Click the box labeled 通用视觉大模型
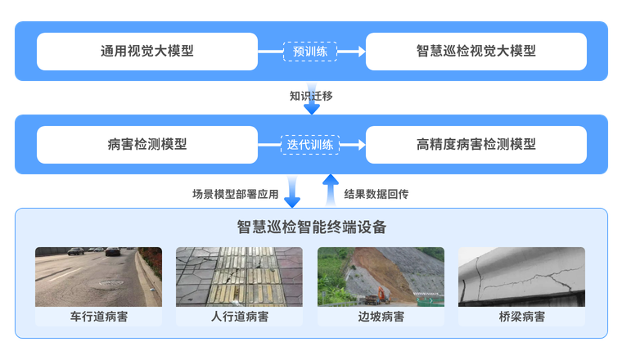[147, 51]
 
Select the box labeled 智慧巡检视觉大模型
[476, 51]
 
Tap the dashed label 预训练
[310, 51]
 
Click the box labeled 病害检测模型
[147, 144]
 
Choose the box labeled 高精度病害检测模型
[476, 144]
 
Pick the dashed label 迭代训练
[310, 144]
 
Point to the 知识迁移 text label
[312, 96]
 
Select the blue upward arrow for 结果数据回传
[330, 190]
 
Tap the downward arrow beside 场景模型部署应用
[293, 190]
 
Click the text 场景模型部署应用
[236, 195]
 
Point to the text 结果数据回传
[376, 195]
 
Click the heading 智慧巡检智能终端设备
[311, 227]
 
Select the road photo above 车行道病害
[98, 277]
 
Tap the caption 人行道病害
[239, 317]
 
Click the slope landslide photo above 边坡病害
[381, 277]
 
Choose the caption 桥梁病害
[522, 317]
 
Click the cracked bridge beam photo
[522, 277]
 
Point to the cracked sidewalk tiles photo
[239, 277]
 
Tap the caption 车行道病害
[98, 317]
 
